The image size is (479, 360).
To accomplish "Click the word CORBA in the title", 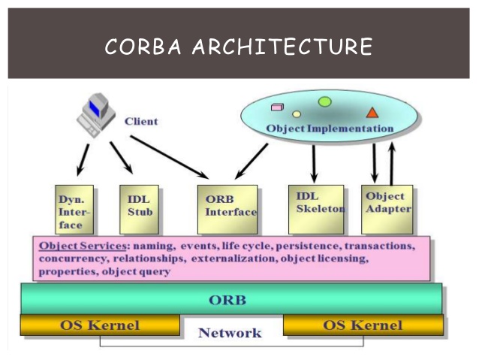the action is click(143, 47).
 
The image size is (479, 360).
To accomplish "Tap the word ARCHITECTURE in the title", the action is click(282, 47).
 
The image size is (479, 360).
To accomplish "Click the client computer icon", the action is click(95, 115).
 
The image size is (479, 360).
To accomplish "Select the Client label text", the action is click(141, 122).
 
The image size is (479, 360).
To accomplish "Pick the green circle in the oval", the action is click(325, 101).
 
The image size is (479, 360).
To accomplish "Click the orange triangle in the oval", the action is click(372, 113).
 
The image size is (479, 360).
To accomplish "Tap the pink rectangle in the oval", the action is click(277, 107).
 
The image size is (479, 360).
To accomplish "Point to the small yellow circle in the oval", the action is click(297, 114).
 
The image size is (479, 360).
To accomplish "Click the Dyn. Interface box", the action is click(74, 210).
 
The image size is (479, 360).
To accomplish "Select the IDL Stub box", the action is click(139, 210).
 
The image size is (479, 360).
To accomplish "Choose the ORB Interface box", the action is click(227, 210).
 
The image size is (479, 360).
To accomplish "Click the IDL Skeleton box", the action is click(316, 210).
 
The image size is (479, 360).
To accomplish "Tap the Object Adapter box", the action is click(387, 210).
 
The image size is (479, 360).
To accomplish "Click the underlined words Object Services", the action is click(83, 247).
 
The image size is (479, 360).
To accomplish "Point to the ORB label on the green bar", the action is click(227, 300).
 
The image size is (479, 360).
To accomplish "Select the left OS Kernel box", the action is click(100, 325).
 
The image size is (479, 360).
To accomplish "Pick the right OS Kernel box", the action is click(363, 325).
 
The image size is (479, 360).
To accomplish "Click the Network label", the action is click(230, 333).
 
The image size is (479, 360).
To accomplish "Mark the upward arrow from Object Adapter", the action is click(392, 165).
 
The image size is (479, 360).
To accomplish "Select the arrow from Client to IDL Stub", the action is click(122, 158).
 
